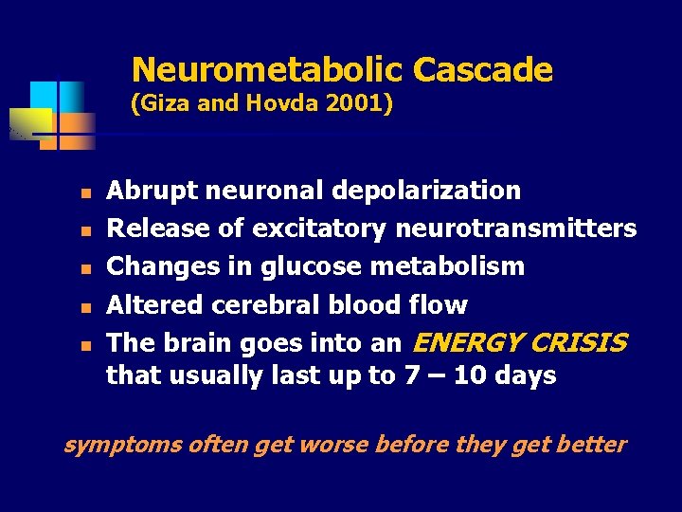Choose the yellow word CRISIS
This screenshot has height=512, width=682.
(x=580, y=341)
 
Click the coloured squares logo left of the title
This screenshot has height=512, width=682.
(x=59, y=114)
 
